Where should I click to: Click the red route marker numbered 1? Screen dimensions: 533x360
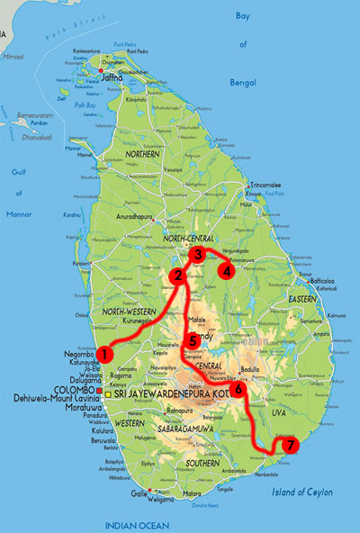pyautogui.click(x=105, y=355)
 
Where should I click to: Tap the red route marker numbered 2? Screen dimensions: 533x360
pyautogui.click(x=178, y=275)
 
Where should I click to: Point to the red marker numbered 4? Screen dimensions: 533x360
pyautogui.click(x=227, y=270)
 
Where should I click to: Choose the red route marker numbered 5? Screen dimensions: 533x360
pyautogui.click(x=193, y=341)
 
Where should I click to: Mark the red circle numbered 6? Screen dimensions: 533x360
pyautogui.click(x=238, y=390)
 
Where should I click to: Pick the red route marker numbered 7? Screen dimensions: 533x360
pyautogui.click(x=288, y=445)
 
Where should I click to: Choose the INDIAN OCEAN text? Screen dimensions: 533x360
pyautogui.click(x=136, y=524)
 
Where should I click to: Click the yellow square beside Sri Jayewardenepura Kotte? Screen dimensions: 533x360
pyautogui.click(x=110, y=395)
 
